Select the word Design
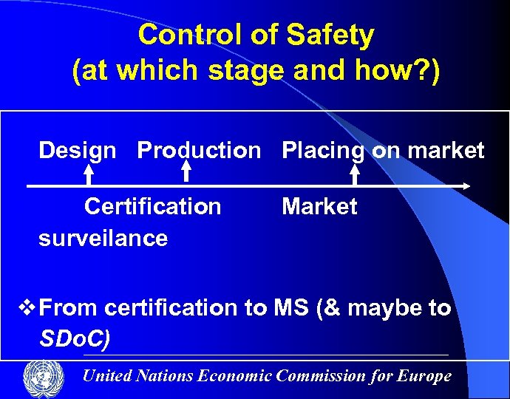point(77,151)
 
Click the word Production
point(199,151)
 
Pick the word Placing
point(323,151)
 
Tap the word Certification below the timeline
point(152,206)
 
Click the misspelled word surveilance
point(103,238)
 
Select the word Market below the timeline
point(319,206)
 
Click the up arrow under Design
point(88,174)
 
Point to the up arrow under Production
point(186,171)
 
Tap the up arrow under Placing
point(355,174)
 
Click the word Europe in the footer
point(424,375)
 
